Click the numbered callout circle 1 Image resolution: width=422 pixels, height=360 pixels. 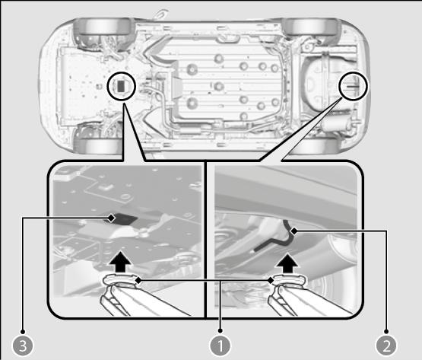click(221, 346)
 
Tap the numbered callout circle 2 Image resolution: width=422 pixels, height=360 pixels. click(386, 346)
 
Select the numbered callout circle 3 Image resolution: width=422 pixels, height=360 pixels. click(23, 346)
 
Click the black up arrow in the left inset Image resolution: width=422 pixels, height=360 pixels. click(120, 262)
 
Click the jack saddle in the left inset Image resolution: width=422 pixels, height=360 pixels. click(121, 280)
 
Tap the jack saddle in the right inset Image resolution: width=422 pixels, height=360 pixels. click(288, 281)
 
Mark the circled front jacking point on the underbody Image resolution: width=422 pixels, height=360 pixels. click(122, 86)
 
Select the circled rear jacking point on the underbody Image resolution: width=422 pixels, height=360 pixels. click(353, 86)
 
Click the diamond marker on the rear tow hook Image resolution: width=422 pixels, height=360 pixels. click(295, 231)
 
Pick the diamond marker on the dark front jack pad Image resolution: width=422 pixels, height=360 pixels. click(111, 218)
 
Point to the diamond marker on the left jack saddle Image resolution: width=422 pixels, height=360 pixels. click(138, 280)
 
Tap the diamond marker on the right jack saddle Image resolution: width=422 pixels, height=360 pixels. click(271, 281)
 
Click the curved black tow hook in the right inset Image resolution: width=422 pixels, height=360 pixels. click(283, 238)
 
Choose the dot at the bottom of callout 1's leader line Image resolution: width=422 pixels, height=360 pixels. click(221, 330)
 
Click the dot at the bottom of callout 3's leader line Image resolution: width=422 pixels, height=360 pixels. click(23, 331)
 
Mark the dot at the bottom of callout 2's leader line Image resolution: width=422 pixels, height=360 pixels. click(386, 331)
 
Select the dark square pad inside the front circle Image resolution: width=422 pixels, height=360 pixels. click(122, 85)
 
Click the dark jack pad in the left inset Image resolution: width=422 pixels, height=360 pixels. click(121, 218)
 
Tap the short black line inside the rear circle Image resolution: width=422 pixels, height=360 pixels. click(353, 87)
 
